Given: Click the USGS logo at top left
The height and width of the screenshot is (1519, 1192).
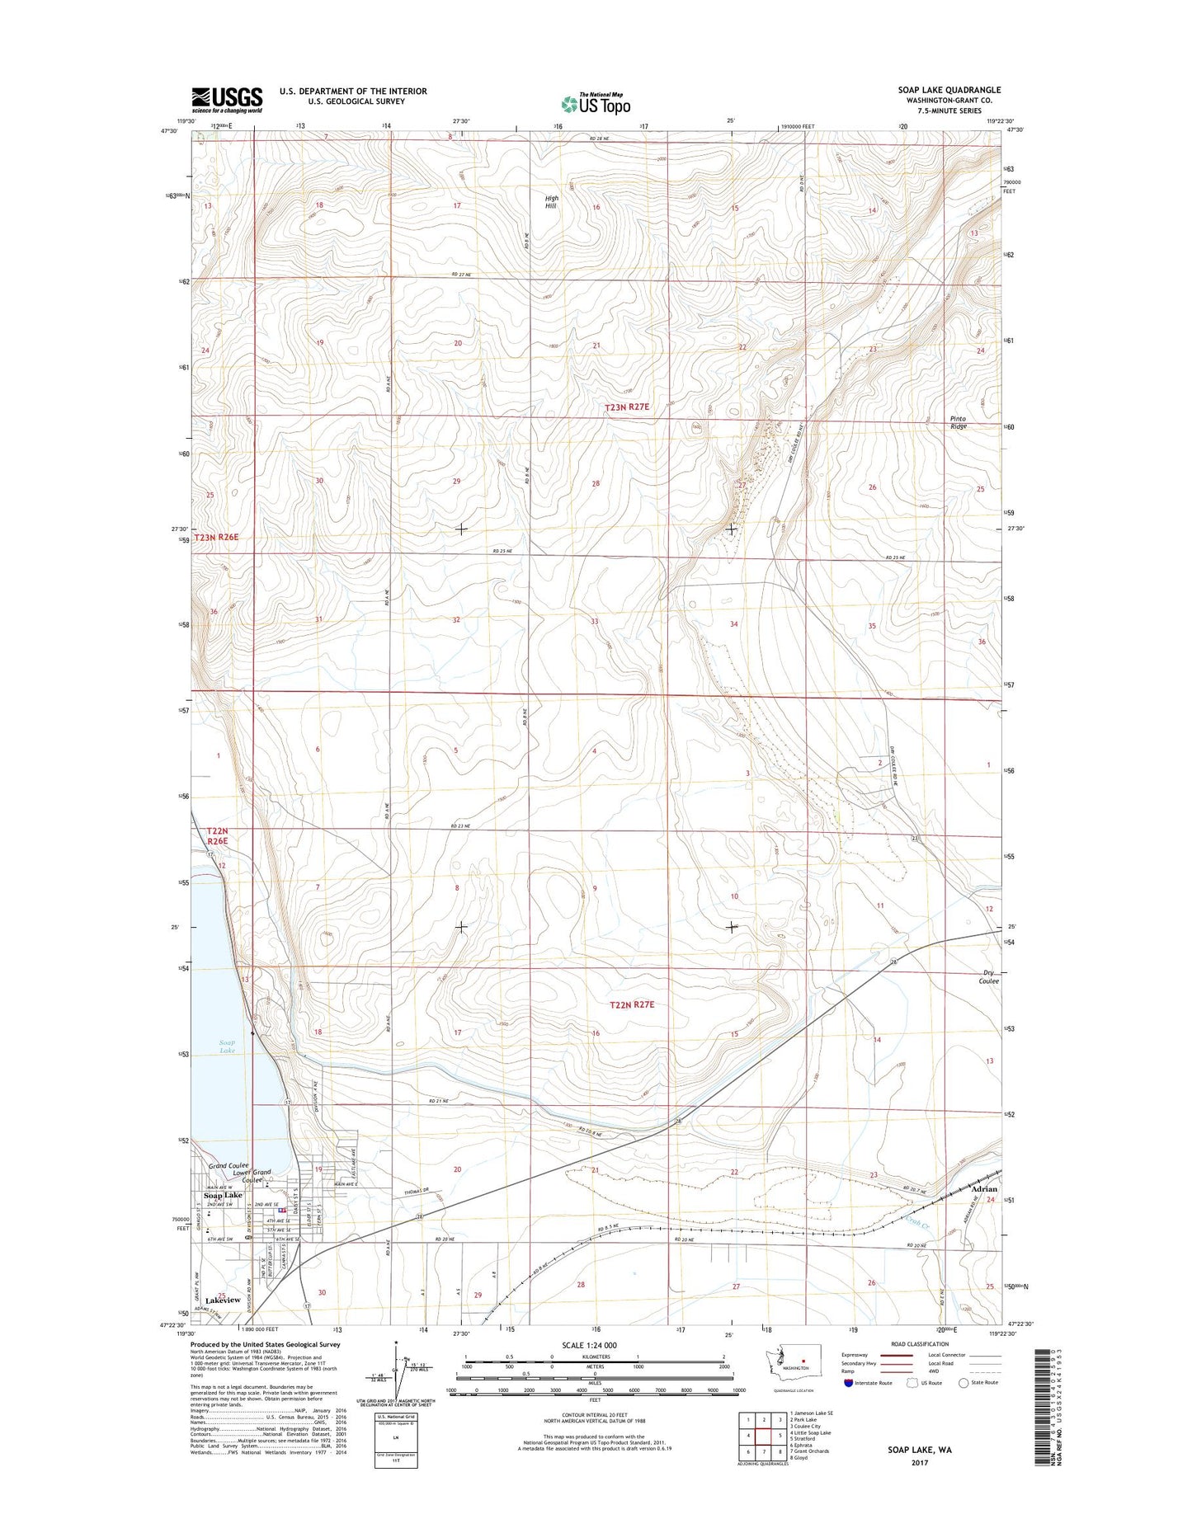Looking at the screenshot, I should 227,100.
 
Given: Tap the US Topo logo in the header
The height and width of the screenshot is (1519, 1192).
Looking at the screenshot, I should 596,103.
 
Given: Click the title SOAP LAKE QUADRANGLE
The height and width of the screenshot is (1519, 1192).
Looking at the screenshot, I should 949,90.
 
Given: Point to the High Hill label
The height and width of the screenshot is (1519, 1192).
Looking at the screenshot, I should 551,202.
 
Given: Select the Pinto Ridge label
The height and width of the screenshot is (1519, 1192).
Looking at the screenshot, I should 958,423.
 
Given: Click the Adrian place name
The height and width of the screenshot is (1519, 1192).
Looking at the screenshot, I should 983,1189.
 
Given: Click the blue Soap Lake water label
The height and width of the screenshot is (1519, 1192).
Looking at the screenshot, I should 227,1046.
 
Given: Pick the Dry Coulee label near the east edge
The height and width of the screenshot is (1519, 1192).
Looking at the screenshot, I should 988,977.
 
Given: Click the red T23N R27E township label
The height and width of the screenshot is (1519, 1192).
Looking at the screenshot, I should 627,407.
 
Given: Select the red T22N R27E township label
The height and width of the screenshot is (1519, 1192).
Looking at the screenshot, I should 631,1004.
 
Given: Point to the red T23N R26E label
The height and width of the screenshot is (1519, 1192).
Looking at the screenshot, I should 216,537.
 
